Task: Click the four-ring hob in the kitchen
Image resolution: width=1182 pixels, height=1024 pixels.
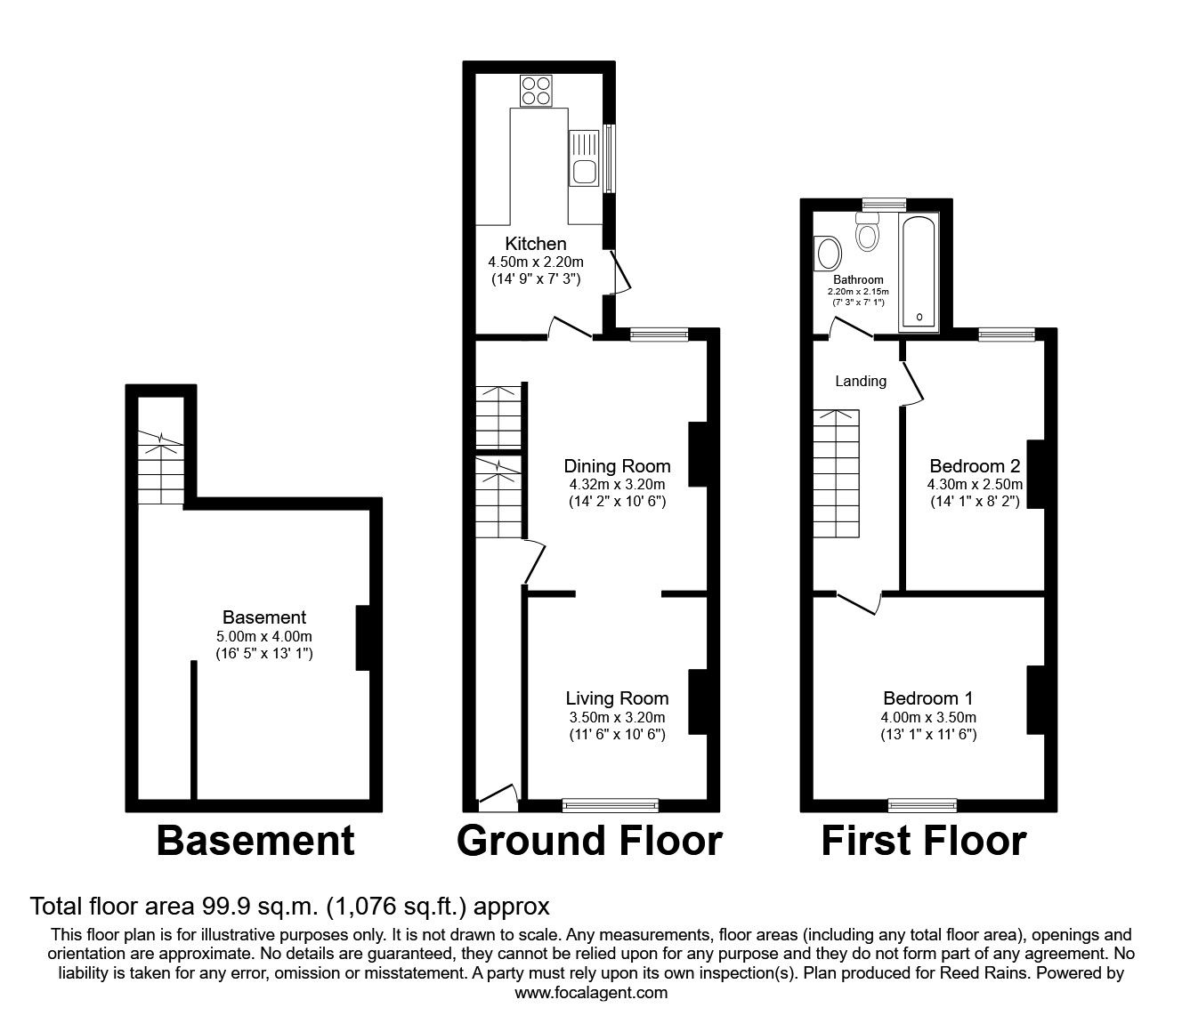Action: [x=536, y=90]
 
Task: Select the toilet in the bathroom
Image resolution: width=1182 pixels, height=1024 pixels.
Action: [x=866, y=234]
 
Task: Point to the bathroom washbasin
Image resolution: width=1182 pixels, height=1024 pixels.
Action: [x=828, y=254]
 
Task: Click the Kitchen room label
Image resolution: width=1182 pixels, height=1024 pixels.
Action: [x=536, y=244]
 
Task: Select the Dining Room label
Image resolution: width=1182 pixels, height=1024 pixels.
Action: [x=617, y=466]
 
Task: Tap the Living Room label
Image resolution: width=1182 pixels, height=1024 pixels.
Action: [x=617, y=699]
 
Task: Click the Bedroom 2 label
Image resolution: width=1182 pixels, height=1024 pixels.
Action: [x=975, y=466]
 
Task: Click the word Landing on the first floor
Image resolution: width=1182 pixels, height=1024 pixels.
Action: [x=861, y=382]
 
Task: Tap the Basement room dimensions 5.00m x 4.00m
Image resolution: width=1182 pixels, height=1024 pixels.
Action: [x=264, y=636]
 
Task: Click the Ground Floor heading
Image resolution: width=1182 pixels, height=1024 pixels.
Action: [x=589, y=841]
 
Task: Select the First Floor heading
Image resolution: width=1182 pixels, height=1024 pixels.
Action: [x=923, y=841]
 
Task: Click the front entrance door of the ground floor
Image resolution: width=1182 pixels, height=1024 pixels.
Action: [x=498, y=797]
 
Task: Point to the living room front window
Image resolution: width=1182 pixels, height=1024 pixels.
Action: [x=611, y=805]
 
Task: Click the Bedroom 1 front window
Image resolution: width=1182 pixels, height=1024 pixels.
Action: [x=922, y=805]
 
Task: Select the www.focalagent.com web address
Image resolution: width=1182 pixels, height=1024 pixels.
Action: [x=591, y=993]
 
